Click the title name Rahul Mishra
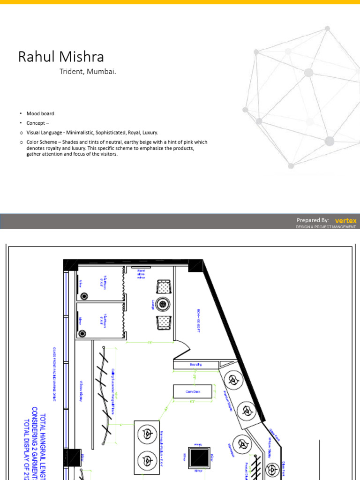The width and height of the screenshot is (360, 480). click(61, 57)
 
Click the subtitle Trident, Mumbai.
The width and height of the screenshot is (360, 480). click(87, 72)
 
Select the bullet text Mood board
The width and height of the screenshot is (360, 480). click(40, 113)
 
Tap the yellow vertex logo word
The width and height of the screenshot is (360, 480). click(345, 220)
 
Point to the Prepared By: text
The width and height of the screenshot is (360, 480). click(313, 220)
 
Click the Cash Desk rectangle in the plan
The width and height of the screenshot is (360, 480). click(193, 391)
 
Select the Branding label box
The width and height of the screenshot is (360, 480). click(195, 364)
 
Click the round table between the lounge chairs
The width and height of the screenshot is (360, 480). click(164, 303)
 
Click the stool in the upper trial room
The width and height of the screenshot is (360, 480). click(84, 296)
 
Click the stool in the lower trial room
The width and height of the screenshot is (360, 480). click(83, 334)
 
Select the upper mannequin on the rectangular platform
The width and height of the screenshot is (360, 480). click(147, 434)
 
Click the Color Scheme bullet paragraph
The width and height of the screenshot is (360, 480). click(117, 148)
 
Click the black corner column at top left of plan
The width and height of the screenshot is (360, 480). click(71, 264)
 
